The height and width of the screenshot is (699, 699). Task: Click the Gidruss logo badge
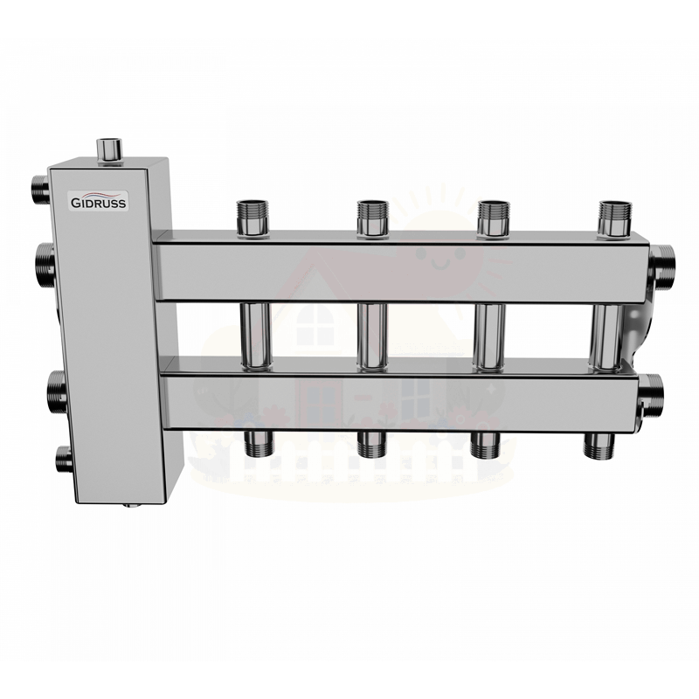pos(99,201)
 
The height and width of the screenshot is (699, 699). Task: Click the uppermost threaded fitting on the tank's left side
pos(41,190)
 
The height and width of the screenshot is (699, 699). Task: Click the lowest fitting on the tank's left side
pos(64,460)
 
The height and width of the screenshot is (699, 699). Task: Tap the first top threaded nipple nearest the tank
pos(253,218)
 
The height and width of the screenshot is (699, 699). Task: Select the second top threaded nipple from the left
pos(372,218)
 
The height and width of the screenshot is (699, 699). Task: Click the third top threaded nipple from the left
pos(493,218)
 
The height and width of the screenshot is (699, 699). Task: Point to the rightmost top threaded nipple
pos(615,218)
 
